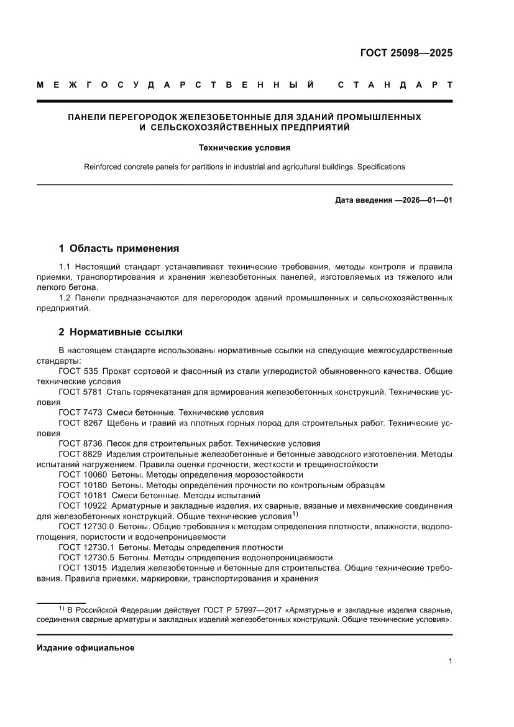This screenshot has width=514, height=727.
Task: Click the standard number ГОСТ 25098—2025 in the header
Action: pos(406,53)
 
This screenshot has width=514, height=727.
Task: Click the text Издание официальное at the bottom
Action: pos(85,647)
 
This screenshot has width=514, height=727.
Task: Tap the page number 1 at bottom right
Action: pos(449,662)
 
